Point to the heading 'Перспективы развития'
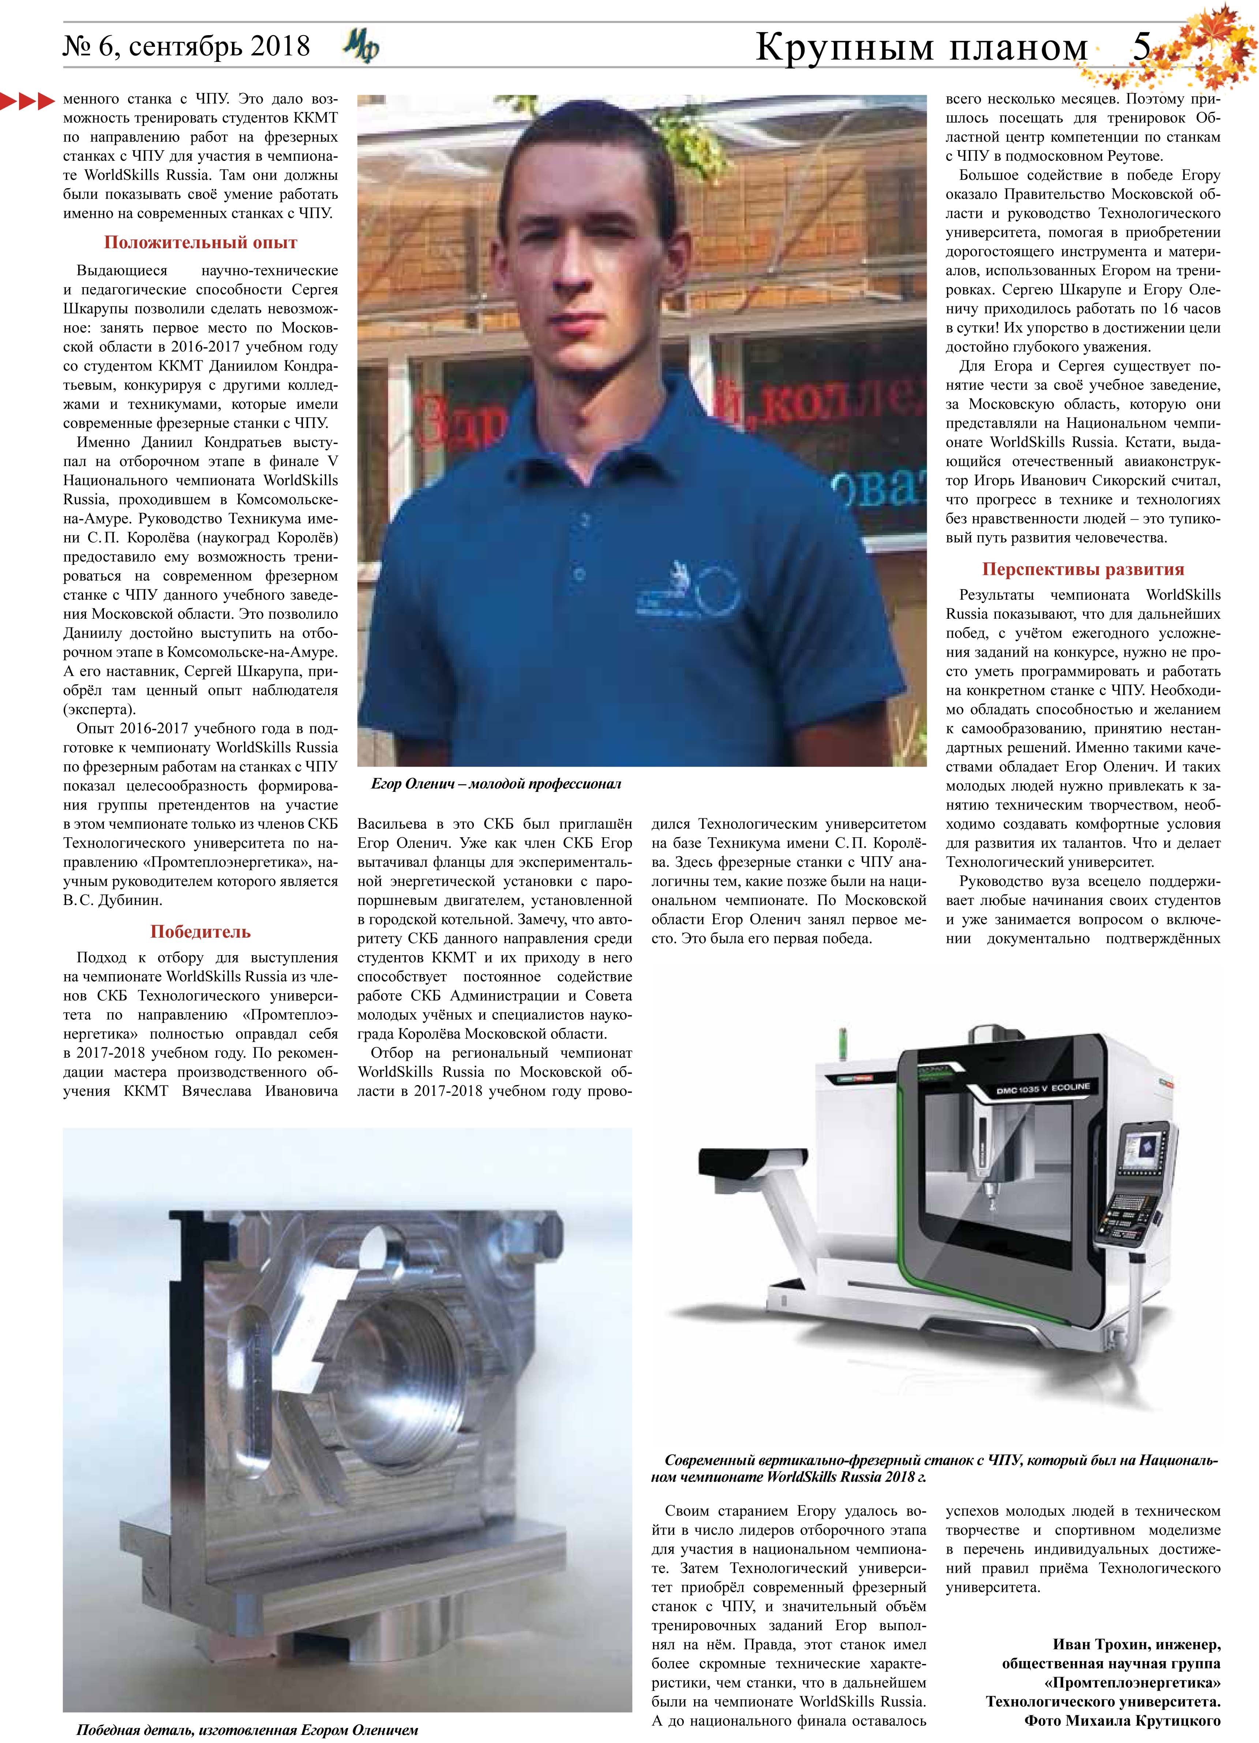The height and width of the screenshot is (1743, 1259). click(1082, 570)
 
